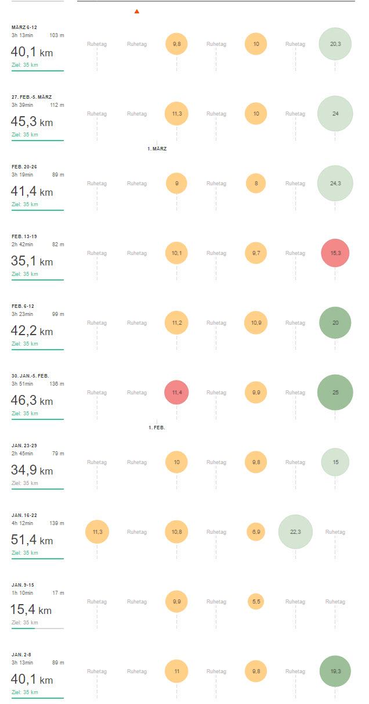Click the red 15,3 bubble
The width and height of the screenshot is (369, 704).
pos(335,253)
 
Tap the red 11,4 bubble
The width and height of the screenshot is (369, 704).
pos(177,393)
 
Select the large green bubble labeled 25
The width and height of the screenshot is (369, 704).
pos(335,393)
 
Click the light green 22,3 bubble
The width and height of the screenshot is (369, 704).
pos(295,532)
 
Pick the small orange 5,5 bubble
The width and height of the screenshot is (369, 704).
pos(256,602)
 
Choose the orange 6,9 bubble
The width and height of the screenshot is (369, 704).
pos(256,532)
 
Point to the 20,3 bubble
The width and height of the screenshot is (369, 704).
pos(335,44)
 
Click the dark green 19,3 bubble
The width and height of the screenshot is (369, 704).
pos(335,671)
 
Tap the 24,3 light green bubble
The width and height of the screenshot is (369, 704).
pos(335,184)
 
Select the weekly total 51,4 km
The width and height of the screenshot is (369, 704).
pos(32,540)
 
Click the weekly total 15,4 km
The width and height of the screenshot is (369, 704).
pos(31,610)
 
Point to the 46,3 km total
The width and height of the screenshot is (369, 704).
pos(32,401)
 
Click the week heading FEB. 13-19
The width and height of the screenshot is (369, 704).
pos(24,236)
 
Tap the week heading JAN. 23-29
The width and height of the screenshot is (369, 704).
pos(24,446)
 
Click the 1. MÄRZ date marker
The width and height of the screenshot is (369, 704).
pos(157,149)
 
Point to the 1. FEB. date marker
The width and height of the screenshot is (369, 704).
pos(157,428)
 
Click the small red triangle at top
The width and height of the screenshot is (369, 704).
pos(137,11)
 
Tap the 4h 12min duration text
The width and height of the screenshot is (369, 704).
pos(23,523)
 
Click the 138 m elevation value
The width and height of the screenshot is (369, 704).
pos(57,384)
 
